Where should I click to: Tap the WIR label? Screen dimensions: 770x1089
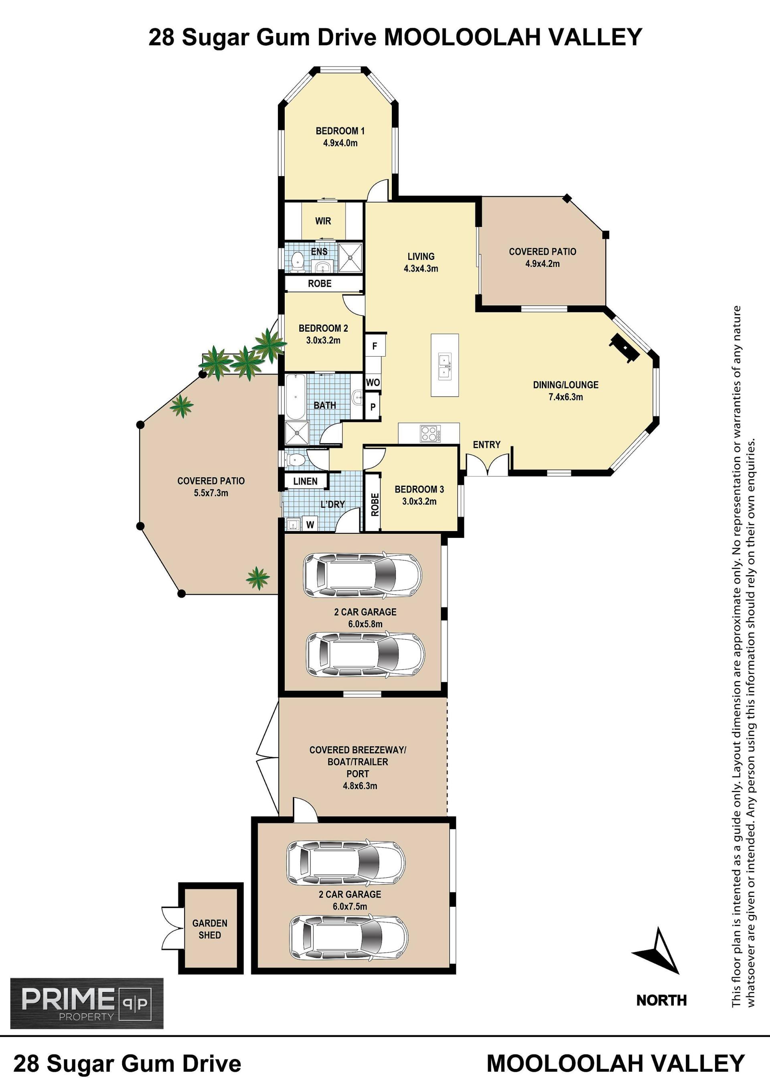click(x=323, y=221)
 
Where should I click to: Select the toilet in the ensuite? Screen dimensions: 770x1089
click(x=297, y=262)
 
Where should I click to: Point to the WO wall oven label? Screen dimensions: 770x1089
click(x=373, y=382)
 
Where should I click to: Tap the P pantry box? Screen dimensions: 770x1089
click(x=373, y=407)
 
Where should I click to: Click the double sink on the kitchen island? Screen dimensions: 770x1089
click(x=444, y=366)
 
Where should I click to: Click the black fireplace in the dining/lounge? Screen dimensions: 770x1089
click(x=624, y=348)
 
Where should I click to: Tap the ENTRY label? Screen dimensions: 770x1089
click(x=486, y=444)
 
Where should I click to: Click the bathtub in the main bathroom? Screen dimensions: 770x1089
click(x=296, y=397)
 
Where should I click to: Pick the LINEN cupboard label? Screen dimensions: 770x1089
click(x=305, y=481)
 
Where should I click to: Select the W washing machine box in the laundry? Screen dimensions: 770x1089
click(x=310, y=524)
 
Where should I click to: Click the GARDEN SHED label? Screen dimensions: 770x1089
click(x=210, y=929)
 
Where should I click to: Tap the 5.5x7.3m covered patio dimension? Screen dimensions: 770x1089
click(x=211, y=493)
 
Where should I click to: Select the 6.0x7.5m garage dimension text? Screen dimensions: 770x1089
click(x=350, y=906)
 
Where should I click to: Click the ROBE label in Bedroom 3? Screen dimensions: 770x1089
click(x=375, y=505)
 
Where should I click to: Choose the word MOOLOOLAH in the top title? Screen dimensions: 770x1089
click(x=463, y=37)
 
